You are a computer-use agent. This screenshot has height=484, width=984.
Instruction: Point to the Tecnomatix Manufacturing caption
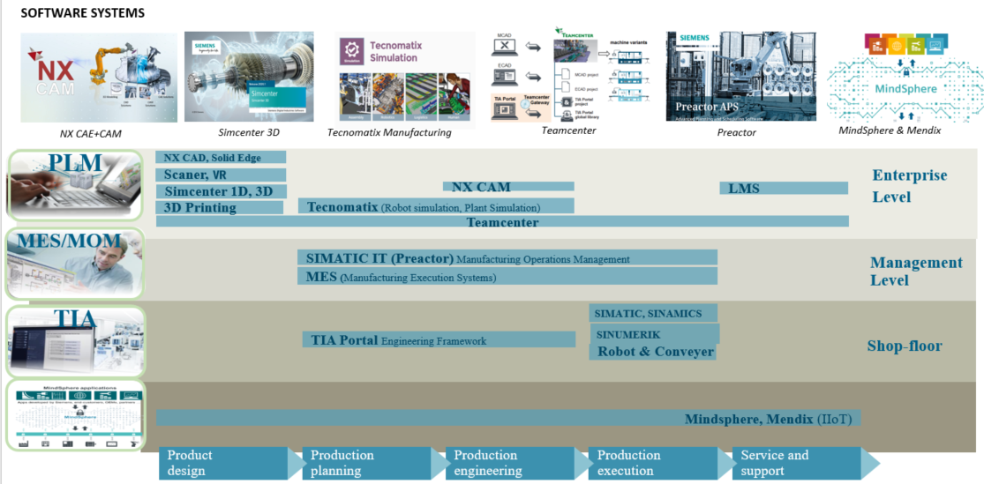(x=389, y=132)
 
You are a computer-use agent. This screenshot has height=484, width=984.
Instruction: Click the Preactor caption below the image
(x=736, y=132)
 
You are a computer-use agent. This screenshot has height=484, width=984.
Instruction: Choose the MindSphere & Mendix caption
(x=890, y=130)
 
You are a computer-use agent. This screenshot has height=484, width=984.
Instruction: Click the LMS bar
(x=784, y=188)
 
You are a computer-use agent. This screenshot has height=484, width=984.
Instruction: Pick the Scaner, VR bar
(x=221, y=175)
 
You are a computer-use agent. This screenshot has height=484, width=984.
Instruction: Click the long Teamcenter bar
(x=502, y=222)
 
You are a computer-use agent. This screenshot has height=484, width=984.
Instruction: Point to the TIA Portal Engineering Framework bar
(x=439, y=340)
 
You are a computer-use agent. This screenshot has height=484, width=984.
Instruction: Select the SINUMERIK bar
(x=654, y=334)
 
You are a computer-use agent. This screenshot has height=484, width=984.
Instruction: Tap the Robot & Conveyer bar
(x=654, y=352)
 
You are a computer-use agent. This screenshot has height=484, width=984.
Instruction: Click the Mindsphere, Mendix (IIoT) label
(x=768, y=419)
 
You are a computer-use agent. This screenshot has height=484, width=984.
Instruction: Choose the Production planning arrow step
(x=366, y=463)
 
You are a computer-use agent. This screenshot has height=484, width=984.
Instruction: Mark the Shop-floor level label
(x=904, y=346)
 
